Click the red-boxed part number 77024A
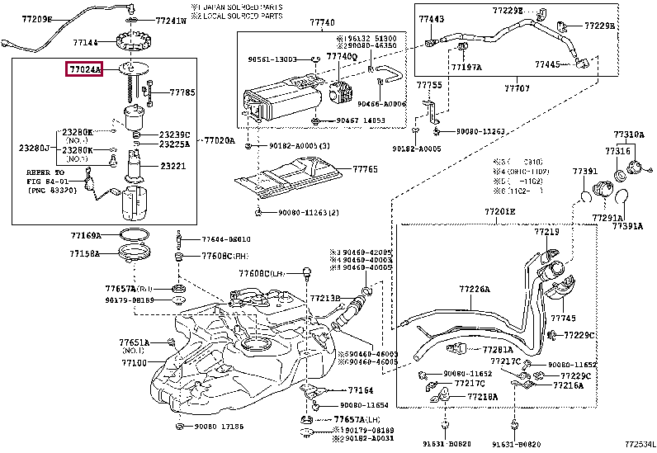(84, 70)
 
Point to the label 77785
(182, 93)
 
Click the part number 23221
(173, 166)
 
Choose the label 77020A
(220, 140)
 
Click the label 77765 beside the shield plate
(366, 168)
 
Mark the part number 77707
(517, 86)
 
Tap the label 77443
(431, 18)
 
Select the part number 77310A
(628, 134)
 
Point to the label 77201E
(499, 211)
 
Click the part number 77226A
(475, 290)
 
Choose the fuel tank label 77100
(132, 363)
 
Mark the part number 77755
(428, 85)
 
